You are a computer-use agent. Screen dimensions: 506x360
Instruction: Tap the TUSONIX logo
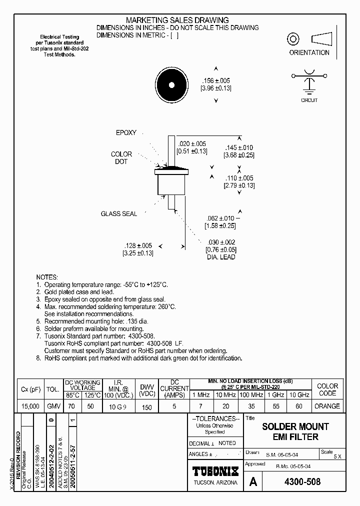click(x=216, y=471)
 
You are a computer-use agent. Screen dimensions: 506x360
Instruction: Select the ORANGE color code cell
click(x=327, y=406)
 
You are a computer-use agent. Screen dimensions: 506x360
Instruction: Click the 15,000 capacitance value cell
click(x=30, y=406)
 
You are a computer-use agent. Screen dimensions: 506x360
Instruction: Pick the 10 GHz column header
click(x=299, y=395)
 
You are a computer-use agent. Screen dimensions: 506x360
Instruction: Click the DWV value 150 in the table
click(x=146, y=407)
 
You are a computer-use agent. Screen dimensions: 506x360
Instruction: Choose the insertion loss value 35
click(x=252, y=406)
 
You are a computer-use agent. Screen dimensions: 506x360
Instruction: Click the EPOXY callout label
click(x=126, y=133)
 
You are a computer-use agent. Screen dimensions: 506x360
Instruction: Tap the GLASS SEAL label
click(x=119, y=214)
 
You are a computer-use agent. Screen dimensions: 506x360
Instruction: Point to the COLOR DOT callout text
click(x=121, y=158)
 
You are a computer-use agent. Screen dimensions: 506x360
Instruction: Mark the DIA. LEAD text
click(x=220, y=257)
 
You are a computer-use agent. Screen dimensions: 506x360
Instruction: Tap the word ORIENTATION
click(x=309, y=52)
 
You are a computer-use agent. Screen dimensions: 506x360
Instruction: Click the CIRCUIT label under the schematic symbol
click(x=309, y=100)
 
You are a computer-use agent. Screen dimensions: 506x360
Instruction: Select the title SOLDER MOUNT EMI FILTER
click(x=295, y=431)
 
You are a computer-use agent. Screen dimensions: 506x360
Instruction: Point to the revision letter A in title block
click(x=253, y=482)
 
